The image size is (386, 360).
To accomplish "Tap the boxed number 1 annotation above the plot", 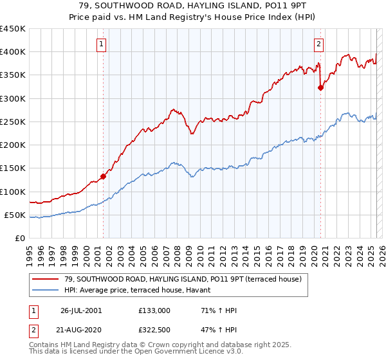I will coord(102,44).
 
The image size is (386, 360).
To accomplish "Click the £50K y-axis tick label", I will coord(15,215).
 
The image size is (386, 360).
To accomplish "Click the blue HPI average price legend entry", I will coord(142,291).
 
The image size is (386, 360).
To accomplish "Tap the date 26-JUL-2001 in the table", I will coord(80,310).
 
